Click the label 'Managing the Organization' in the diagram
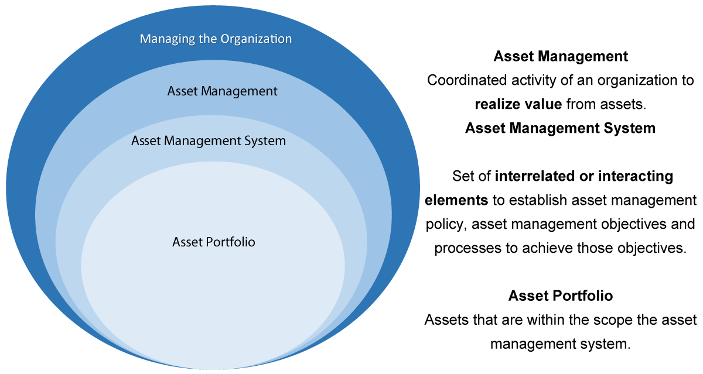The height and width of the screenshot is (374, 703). point(216,39)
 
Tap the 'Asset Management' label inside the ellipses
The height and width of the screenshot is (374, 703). point(222,91)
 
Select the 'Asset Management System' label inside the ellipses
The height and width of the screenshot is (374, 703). point(209,140)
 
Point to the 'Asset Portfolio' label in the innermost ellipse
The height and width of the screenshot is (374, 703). point(214,242)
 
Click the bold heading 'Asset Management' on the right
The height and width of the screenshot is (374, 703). point(561,56)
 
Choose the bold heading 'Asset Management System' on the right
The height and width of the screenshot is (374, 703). point(560,128)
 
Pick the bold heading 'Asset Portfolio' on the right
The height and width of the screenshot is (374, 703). point(561,296)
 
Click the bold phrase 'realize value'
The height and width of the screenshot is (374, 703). point(518,104)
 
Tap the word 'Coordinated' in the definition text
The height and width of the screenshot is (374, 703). point(467,80)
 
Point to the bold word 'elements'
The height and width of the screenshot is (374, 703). point(456,200)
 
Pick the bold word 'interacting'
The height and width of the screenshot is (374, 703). point(636,176)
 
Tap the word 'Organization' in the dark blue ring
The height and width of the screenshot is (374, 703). point(256,39)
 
